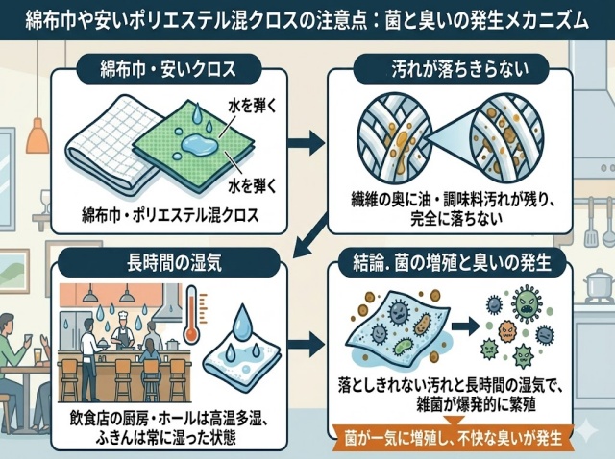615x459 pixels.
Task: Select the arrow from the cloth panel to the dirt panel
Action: (x=305, y=145)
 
